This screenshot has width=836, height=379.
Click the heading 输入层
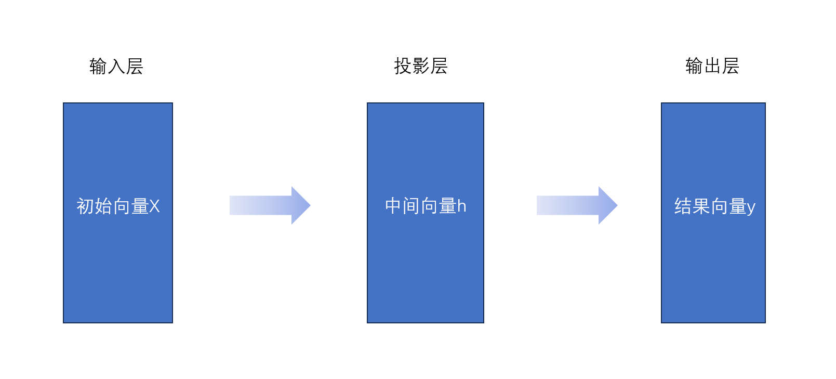point(116,67)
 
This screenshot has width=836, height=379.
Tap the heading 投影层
point(421,66)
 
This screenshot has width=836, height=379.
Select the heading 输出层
point(712,66)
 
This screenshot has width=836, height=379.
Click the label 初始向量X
point(118,206)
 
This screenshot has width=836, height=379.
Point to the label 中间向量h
point(426,206)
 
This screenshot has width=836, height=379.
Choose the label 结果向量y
point(714,206)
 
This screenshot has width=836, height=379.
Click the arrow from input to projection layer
point(270,205)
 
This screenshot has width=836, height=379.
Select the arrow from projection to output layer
point(577,205)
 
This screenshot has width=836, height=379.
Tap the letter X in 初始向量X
point(154,206)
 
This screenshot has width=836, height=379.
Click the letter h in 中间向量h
point(462,206)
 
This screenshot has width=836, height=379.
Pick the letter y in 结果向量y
point(751,207)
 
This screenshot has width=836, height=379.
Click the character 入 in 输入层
point(116,67)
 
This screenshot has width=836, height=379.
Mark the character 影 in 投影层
point(421,66)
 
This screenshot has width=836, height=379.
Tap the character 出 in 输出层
point(712,66)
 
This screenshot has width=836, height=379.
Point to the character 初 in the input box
point(86,206)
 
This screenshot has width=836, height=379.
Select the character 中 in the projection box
point(393,206)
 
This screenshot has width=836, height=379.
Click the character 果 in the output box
point(701,206)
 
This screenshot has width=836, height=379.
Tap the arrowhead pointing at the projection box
point(300,205)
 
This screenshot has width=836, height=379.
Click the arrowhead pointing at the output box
point(607,205)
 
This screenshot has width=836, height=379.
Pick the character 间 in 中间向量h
point(412,206)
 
